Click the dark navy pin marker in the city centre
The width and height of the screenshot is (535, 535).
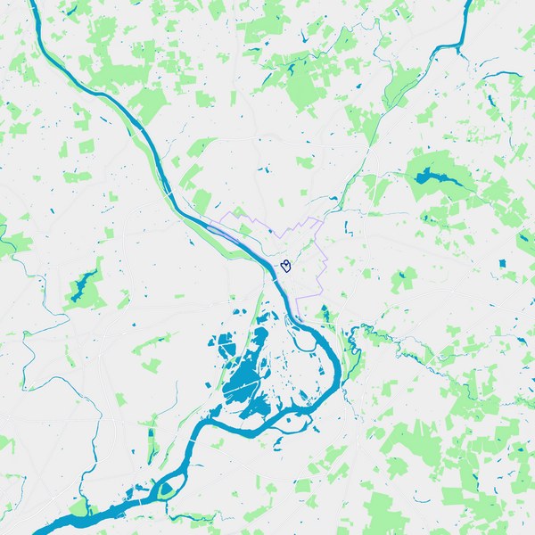click(286, 265)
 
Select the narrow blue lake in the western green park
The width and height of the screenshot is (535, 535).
click(82, 284)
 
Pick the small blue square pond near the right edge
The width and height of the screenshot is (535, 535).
click(501, 264)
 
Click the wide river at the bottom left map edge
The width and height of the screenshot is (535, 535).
click(45, 528)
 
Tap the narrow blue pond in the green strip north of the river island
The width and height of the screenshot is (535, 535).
click(151, 441)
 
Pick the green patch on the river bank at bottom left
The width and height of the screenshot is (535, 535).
click(80, 509)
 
